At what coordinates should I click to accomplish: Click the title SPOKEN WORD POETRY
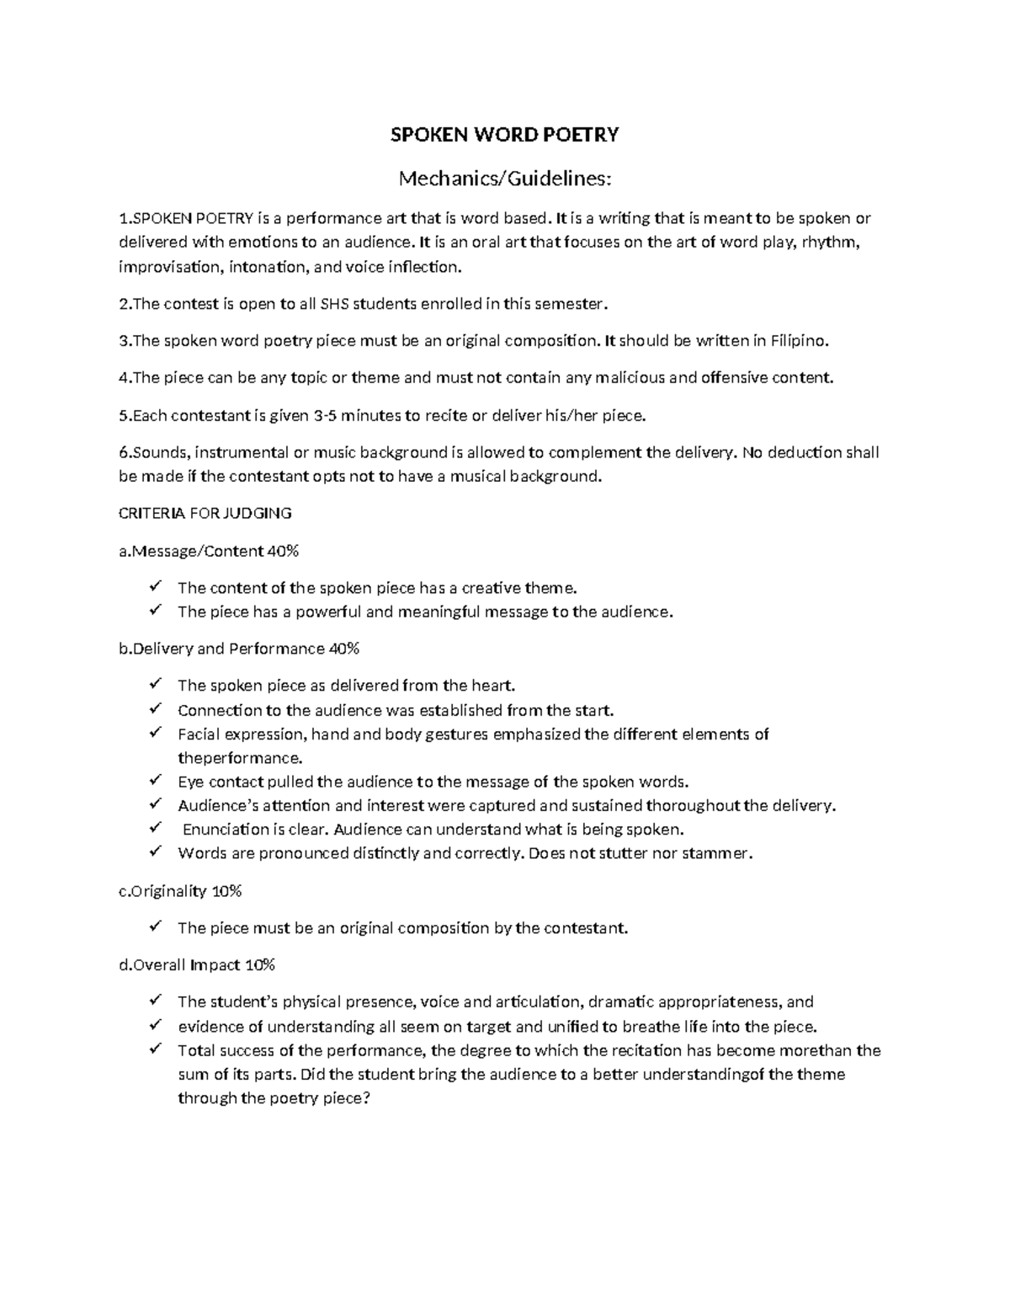click(x=504, y=135)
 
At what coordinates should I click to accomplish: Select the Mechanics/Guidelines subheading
click(x=504, y=179)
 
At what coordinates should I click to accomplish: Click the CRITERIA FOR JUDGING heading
click(x=205, y=513)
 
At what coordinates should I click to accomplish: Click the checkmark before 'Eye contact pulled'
click(x=155, y=781)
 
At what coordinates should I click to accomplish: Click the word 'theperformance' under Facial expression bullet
click(x=239, y=758)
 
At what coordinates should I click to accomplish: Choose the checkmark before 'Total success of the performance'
click(x=155, y=1049)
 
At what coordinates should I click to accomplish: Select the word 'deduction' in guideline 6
click(x=805, y=452)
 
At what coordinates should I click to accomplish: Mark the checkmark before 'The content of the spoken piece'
click(x=155, y=587)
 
